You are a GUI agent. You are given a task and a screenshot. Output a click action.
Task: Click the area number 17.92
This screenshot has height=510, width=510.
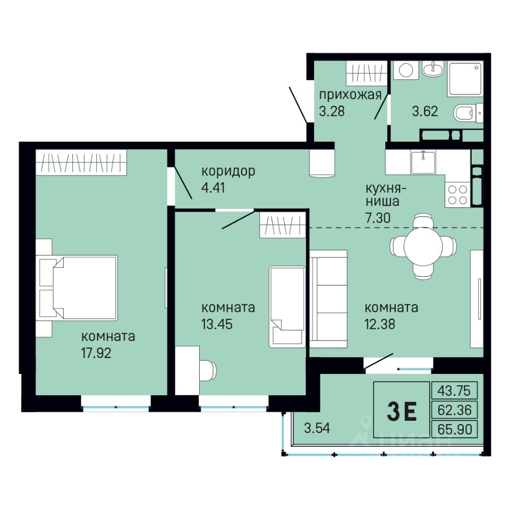(x=96, y=353)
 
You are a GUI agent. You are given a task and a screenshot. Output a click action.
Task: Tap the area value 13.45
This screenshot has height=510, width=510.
(x=217, y=324)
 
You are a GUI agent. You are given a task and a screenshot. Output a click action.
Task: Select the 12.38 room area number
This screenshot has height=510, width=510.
(x=380, y=324)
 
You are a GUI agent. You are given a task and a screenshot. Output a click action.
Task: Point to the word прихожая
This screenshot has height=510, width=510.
(x=350, y=95)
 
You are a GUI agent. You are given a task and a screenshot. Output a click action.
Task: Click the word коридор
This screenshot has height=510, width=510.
(x=228, y=172)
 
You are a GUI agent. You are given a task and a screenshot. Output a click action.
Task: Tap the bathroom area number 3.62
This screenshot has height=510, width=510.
(x=425, y=111)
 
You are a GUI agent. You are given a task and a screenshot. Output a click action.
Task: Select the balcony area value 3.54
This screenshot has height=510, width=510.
(x=317, y=428)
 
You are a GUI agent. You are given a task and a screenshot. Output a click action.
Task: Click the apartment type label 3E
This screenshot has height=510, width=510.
(x=402, y=411)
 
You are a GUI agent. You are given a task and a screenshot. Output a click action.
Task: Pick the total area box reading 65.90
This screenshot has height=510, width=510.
(x=454, y=429)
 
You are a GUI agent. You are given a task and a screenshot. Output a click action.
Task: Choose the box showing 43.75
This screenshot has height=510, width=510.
(x=454, y=390)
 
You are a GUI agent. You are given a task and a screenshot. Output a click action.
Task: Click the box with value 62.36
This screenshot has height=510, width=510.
(x=454, y=410)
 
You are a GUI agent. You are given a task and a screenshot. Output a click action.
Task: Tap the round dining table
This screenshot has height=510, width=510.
(x=423, y=246)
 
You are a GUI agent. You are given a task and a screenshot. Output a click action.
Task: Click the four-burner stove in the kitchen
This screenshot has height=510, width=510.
(x=457, y=194)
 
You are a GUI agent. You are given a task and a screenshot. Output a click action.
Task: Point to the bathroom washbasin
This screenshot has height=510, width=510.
(x=432, y=69)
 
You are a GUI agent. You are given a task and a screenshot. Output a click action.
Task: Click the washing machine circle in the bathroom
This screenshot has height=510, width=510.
(x=406, y=70)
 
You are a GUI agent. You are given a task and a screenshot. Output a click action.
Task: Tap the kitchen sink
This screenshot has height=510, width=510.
(x=423, y=162)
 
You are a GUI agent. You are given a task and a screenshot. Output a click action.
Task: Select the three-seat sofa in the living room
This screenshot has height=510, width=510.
(x=328, y=299)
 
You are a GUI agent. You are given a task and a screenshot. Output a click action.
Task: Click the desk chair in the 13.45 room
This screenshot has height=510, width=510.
(x=208, y=370)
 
